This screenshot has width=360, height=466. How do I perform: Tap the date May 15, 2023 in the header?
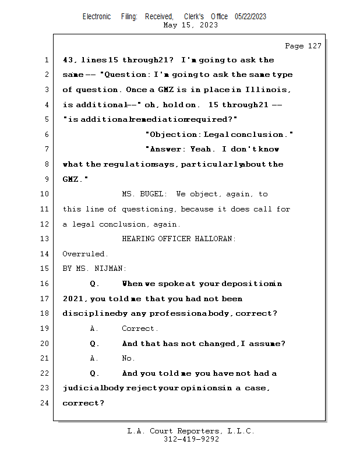coord(191,25)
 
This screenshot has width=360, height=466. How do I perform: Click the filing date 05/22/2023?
coord(250,16)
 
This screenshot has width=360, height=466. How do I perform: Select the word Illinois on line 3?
coord(269,90)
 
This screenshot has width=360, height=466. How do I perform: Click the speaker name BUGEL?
coord(153,194)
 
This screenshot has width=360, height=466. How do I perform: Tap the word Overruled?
coord(85,254)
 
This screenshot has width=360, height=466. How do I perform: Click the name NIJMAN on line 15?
coord(110,269)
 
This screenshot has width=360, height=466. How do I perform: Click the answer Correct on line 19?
coord(139,329)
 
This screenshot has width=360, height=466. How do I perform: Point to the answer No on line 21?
coord(128,358)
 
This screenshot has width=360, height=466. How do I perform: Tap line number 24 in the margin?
coord(45,403)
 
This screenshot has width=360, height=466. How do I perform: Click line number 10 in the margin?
coord(45,194)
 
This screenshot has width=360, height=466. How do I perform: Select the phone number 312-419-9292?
coord(191,439)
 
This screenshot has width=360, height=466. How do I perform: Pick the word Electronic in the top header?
coord(97,16)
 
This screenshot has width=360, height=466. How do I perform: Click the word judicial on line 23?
coord(81,388)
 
